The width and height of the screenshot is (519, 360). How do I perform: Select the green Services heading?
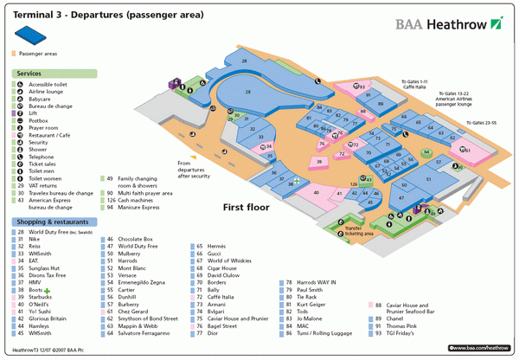point(30,74)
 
